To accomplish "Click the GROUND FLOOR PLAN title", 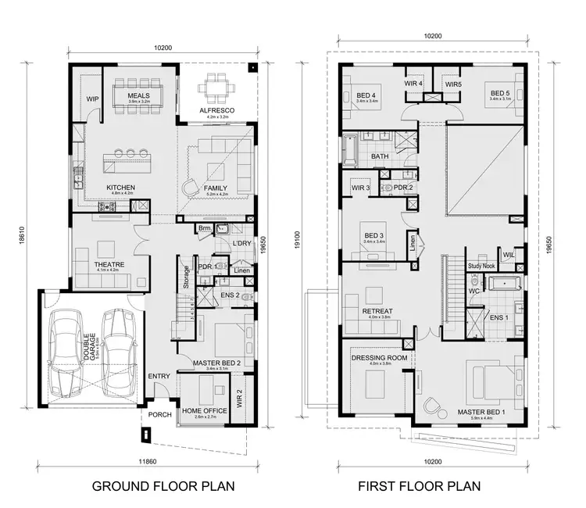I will tap(163, 485).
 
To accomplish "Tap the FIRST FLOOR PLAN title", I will tap(420, 485).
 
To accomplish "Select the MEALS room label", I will tap(138, 95).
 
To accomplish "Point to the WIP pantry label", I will tap(92, 99).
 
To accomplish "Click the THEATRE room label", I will tap(109, 263).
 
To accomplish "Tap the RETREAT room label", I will tap(377, 311).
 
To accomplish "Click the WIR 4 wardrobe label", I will tap(414, 84).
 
